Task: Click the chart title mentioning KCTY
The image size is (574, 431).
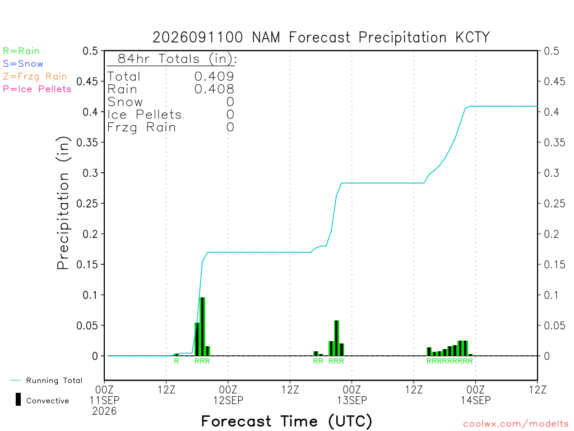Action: tap(321, 38)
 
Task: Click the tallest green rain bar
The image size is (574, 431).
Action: tap(202, 327)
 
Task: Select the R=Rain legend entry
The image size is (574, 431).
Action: tap(21, 51)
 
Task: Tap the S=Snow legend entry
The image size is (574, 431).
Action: tap(23, 64)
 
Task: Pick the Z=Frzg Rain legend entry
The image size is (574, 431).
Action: tap(35, 76)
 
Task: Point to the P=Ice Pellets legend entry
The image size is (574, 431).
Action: tap(37, 89)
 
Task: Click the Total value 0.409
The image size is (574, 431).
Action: tap(214, 76)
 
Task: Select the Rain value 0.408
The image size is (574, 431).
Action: tap(214, 89)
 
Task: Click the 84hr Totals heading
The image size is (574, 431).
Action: tap(177, 58)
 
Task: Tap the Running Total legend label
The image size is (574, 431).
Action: tap(54, 380)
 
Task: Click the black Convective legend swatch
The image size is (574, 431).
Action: tap(18, 400)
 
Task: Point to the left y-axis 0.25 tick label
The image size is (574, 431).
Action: tap(87, 203)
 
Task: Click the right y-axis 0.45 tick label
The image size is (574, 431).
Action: tap(554, 81)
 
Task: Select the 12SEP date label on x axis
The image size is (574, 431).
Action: tap(228, 400)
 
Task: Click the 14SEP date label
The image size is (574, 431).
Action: tap(475, 400)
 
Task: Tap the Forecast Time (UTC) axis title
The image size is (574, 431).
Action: tap(286, 421)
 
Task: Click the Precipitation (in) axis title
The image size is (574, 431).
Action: tap(63, 203)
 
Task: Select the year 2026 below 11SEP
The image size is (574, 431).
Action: tap(104, 411)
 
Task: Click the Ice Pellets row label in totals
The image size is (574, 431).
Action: tap(144, 114)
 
